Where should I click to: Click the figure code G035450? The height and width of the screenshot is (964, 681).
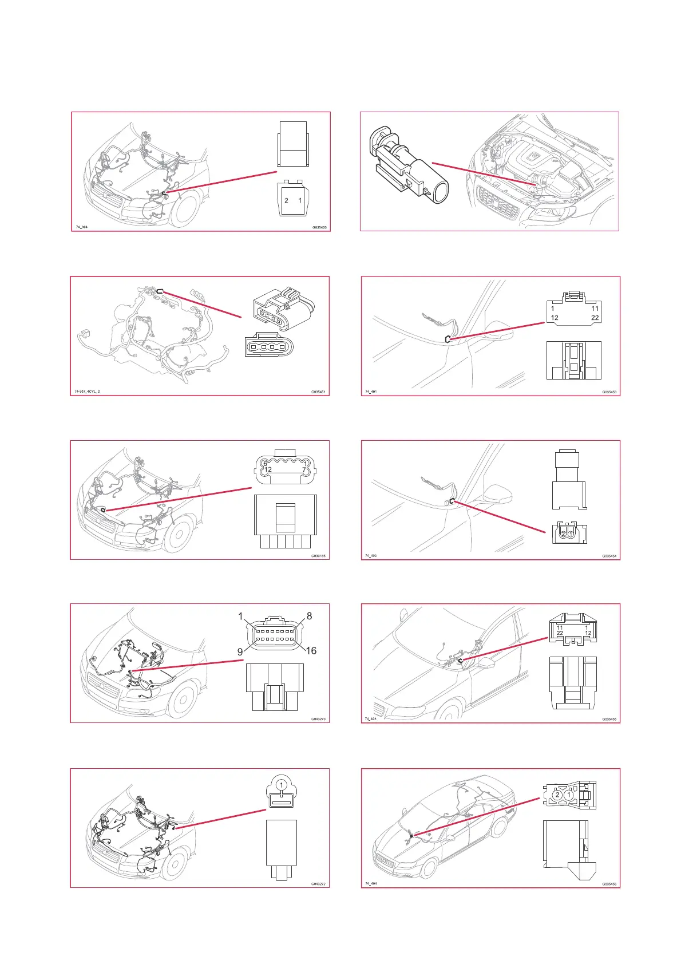point(319,227)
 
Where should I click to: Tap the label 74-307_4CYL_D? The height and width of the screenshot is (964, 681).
point(87,392)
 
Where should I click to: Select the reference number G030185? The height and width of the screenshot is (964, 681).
point(318,556)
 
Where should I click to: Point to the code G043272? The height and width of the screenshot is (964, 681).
point(318,884)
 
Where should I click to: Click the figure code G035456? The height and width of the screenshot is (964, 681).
point(609,884)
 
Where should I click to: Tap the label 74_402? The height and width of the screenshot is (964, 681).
point(371,556)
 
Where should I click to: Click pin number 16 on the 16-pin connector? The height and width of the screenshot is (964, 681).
point(311,650)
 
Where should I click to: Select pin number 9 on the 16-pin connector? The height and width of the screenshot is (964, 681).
point(240,651)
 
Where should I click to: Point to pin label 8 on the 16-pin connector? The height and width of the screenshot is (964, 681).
point(310,616)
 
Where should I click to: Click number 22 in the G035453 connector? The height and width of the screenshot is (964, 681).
point(595,318)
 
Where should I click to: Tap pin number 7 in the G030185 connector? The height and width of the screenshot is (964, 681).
point(304,470)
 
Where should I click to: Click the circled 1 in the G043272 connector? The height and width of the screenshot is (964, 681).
point(281,784)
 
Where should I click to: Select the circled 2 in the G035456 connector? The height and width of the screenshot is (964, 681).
point(557,795)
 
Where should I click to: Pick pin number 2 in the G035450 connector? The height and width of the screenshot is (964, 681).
point(286,201)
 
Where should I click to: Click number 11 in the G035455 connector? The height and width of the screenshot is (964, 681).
point(560,627)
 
